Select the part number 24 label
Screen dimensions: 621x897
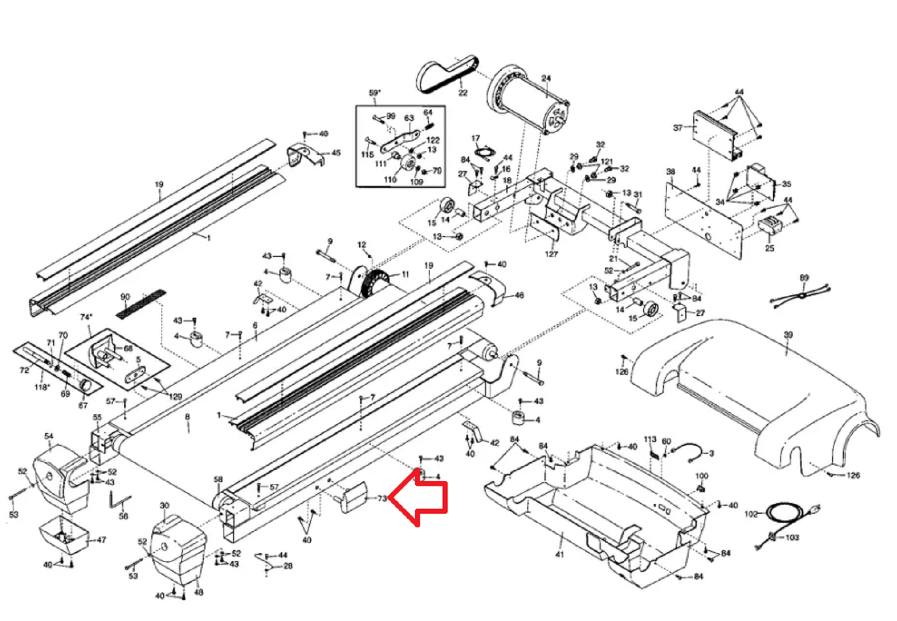546,78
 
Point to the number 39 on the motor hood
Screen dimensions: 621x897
788,335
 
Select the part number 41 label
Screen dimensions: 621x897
559,554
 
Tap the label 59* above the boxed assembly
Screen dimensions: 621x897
375,93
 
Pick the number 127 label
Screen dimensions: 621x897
551,254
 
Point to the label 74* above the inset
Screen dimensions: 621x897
86,317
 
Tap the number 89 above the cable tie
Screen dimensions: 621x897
804,278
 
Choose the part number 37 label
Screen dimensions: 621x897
678,128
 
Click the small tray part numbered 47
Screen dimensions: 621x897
63,533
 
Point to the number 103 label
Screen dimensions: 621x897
792,537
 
